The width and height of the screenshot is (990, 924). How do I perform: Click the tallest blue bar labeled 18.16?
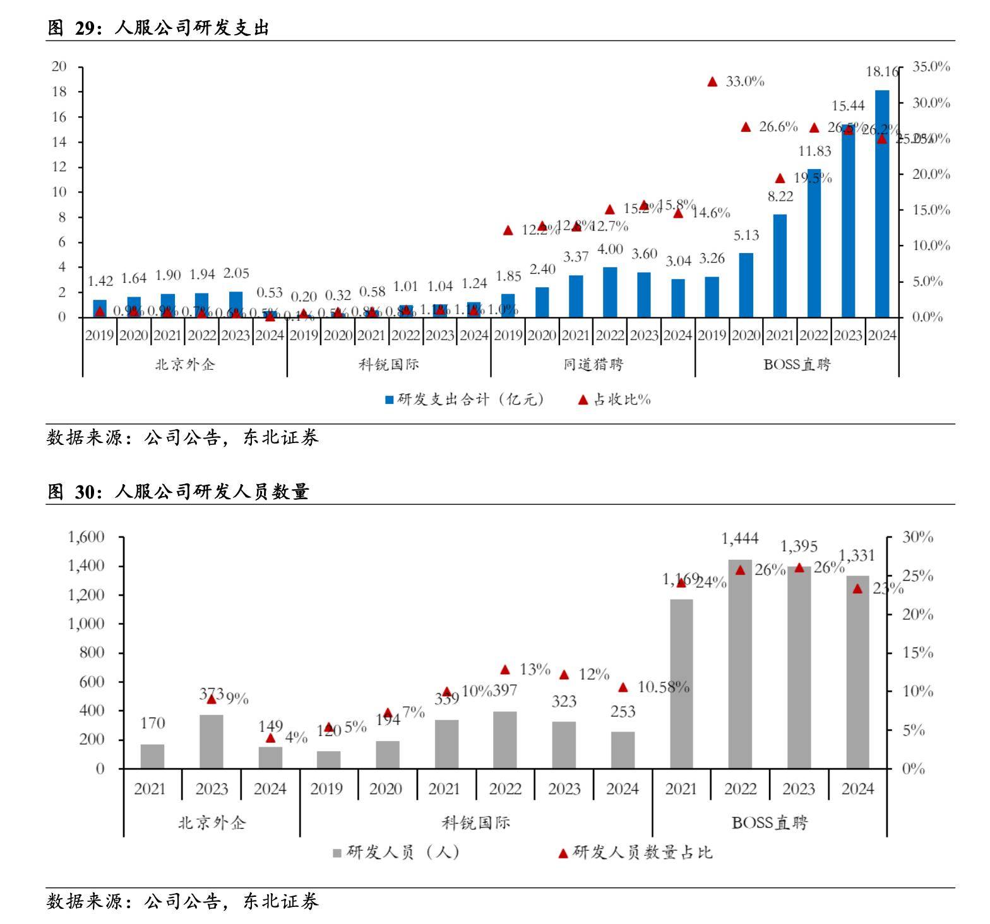pyautogui.click(x=881, y=203)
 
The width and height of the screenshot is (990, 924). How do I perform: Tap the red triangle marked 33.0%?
pyautogui.click(x=712, y=81)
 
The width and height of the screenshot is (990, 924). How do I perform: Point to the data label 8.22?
pyautogui.click(x=780, y=196)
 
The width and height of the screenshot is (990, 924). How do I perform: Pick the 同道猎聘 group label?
pyautogui.click(x=593, y=364)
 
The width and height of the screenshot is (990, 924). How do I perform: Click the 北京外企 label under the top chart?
pyautogui.click(x=185, y=364)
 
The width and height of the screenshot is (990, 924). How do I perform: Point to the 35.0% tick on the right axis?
pyautogui.click(x=931, y=67)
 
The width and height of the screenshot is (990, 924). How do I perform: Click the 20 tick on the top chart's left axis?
pyautogui.click(x=59, y=67)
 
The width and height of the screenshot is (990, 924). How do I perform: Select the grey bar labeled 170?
pyautogui.click(x=152, y=756)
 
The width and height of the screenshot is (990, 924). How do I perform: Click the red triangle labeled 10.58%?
pyautogui.click(x=623, y=687)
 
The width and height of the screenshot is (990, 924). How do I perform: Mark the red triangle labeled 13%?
pyautogui.click(x=505, y=670)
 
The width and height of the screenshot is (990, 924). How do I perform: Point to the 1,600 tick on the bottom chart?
pyautogui.click(x=86, y=537)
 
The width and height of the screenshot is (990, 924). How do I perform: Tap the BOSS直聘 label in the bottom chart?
pyautogui.click(x=769, y=823)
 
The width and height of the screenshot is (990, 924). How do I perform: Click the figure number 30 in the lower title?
pyautogui.click(x=85, y=492)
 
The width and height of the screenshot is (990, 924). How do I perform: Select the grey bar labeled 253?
pyautogui.click(x=623, y=750)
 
